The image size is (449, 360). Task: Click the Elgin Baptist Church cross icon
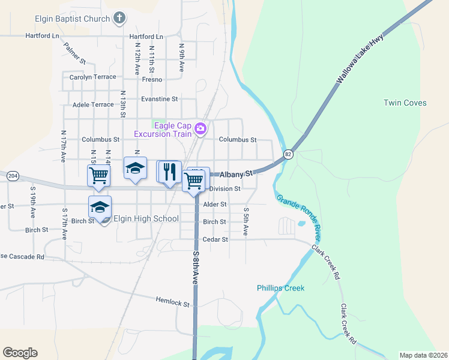[119, 17]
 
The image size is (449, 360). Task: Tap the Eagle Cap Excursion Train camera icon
[200, 128]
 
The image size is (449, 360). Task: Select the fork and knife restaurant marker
[170, 172]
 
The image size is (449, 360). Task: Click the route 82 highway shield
[289, 154]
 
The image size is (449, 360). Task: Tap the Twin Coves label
[405, 103]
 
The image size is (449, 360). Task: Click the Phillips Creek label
[281, 288]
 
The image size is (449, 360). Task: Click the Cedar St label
[215, 239]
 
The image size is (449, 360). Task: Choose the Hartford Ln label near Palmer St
[42, 35]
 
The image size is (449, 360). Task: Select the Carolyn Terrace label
[92, 77]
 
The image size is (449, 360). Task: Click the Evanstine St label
[159, 98]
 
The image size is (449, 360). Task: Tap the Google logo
[20, 353]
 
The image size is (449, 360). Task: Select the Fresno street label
[152, 79]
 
